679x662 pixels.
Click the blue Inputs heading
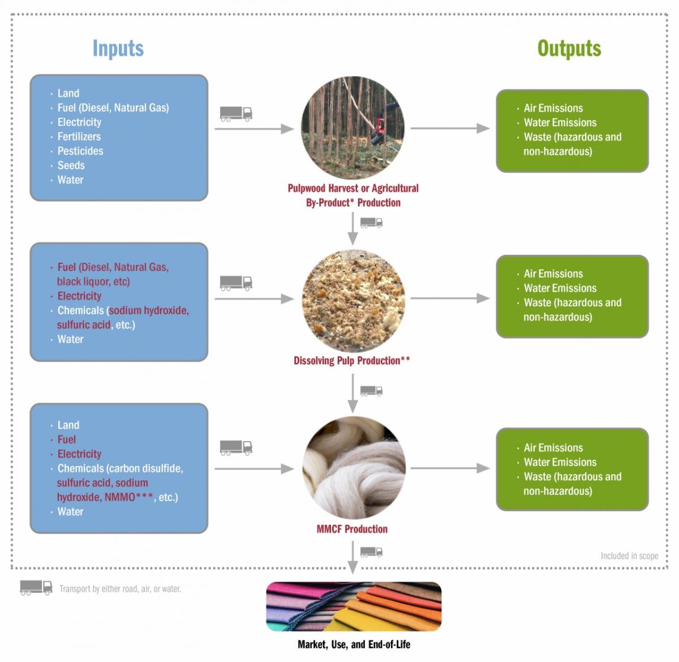(x=118, y=49)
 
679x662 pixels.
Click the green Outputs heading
(x=569, y=49)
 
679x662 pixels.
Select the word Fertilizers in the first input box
(x=79, y=136)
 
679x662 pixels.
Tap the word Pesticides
(x=80, y=151)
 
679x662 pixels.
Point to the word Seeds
(x=71, y=165)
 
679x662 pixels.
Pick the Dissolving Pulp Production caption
(x=352, y=361)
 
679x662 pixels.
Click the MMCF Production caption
(x=352, y=529)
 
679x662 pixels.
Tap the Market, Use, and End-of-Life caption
(x=354, y=644)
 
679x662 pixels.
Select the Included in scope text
(x=629, y=556)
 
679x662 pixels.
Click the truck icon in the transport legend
(x=36, y=588)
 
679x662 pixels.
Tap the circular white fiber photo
(x=354, y=468)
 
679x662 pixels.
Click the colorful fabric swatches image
(x=354, y=607)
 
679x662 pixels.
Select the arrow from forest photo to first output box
(x=450, y=129)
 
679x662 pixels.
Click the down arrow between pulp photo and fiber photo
(x=353, y=393)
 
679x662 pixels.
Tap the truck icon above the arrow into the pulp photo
(x=236, y=283)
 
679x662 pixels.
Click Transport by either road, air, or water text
(x=121, y=589)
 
